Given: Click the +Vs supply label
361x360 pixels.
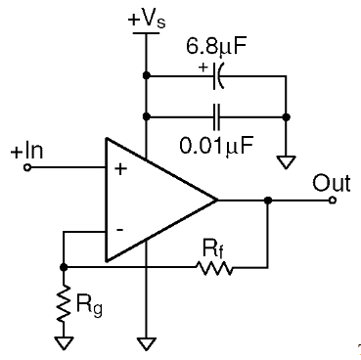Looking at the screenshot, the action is point(147,20).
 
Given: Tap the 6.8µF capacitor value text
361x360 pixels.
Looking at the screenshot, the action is point(215,46).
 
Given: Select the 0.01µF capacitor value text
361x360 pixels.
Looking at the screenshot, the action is point(216,146).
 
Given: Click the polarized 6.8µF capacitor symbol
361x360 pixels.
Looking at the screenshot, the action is point(218,76).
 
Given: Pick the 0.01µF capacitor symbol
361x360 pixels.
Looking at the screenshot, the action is point(217,116).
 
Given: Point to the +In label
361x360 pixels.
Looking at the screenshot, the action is point(26,152).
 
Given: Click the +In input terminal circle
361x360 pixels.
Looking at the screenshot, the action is point(27,167).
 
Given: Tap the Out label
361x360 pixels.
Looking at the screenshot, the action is point(332,183).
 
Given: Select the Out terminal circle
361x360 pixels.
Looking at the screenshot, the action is point(333,201).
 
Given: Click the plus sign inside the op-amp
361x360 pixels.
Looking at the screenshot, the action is point(120,169).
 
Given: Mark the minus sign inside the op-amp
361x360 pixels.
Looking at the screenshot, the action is point(119,230).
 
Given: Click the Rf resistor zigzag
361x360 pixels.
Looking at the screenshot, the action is point(214,268).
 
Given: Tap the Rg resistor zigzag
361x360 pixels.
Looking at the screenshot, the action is point(64,302).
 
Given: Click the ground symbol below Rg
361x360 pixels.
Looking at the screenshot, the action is point(64,343).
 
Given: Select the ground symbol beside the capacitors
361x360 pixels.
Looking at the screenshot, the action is point(286,162).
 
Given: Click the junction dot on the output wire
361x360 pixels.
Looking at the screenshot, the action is point(268,201).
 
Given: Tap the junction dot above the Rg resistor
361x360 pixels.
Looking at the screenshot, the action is point(64,267).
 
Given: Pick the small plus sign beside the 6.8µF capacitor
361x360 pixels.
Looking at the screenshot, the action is point(203,67).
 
